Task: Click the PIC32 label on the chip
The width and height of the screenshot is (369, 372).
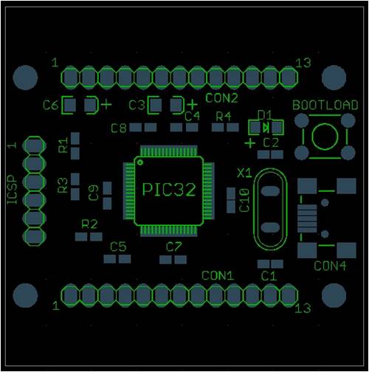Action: (169, 190)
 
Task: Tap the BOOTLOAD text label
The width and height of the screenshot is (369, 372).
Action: (325, 106)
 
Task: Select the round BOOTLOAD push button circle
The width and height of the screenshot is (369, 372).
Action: (325, 137)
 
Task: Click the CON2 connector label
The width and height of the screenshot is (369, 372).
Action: (221, 98)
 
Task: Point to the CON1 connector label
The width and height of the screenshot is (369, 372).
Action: (218, 276)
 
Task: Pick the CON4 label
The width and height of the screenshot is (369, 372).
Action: (330, 266)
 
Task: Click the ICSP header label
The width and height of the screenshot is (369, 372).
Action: (13, 190)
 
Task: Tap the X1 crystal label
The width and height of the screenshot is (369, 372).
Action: (244, 173)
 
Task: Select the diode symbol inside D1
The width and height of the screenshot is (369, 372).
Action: (266, 128)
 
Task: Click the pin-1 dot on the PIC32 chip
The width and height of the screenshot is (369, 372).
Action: (140, 162)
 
